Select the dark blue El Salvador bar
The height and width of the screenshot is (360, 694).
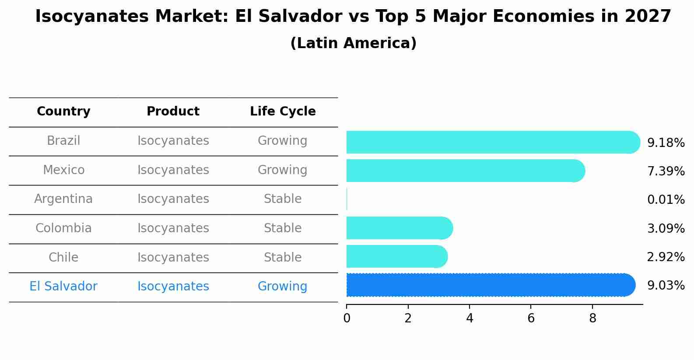[x=490, y=285]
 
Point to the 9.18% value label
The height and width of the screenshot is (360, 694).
[x=666, y=143]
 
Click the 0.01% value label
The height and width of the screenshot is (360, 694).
[x=666, y=200]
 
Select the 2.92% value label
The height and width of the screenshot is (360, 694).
[x=666, y=257]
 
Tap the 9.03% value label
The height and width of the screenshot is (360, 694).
[x=666, y=286]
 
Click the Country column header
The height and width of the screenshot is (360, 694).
[x=63, y=112]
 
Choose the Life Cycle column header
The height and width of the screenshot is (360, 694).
[x=283, y=112]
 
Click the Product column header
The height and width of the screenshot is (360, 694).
[x=173, y=112]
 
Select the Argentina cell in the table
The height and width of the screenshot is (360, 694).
[x=63, y=199]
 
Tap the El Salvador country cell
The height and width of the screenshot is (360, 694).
[x=63, y=287]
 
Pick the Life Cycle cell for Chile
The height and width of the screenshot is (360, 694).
[x=283, y=257]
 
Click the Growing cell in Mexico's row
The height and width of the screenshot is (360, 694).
[x=283, y=170]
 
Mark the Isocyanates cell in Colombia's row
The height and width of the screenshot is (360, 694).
[x=173, y=228]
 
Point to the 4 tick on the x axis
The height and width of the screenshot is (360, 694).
[x=470, y=318]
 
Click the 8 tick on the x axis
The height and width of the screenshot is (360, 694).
[x=592, y=318]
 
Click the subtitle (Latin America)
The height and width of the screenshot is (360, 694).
[x=353, y=43]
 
